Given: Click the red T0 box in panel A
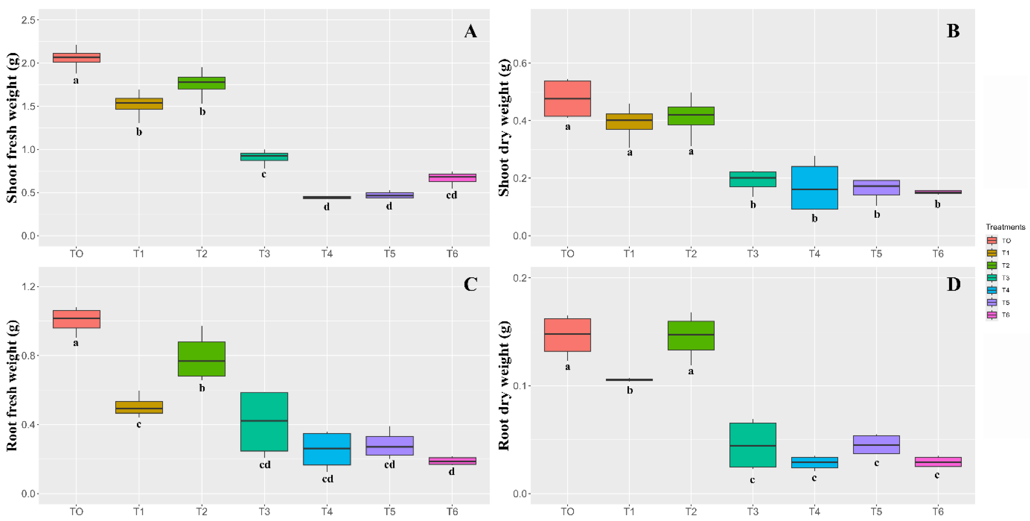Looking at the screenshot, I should [x=76, y=58].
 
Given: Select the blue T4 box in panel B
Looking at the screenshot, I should [x=815, y=187].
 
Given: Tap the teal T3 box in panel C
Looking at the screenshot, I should [x=264, y=421].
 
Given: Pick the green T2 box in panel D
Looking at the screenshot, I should [x=691, y=335].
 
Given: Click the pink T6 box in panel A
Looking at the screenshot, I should [x=452, y=178].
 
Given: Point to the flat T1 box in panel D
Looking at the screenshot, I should [x=629, y=379].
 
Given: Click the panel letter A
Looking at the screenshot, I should [x=470, y=31].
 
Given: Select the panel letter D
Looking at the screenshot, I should [x=953, y=284].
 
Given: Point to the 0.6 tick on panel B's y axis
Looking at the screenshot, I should [x=520, y=63].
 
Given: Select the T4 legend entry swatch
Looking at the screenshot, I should [x=992, y=290].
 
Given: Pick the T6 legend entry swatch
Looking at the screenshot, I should [x=992, y=315].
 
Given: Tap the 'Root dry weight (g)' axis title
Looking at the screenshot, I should [x=504, y=386].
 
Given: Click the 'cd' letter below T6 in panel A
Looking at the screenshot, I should [x=451, y=195].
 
